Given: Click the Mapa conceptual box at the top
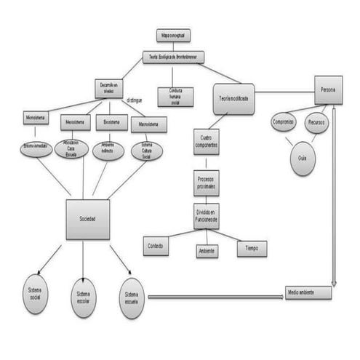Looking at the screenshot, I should tap(173, 35).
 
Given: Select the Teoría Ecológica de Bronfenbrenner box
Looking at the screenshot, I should tap(173, 57).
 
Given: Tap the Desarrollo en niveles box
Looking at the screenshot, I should tap(108, 88).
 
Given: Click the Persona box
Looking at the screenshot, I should tap(327, 89).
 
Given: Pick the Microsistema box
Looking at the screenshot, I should tap(36, 118).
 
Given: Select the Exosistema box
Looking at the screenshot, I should tap(111, 121).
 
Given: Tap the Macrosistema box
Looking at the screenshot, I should tap(148, 124).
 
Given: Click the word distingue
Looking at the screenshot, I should tap(135, 100).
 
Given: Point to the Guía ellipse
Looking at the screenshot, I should tap(303, 158).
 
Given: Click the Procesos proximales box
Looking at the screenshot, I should tap(206, 182).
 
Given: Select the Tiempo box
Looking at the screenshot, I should tap(252, 249).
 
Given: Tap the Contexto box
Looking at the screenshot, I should tap(156, 246).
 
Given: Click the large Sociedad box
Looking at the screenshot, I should tap(88, 219).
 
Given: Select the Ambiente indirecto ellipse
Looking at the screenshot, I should tap(108, 150).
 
